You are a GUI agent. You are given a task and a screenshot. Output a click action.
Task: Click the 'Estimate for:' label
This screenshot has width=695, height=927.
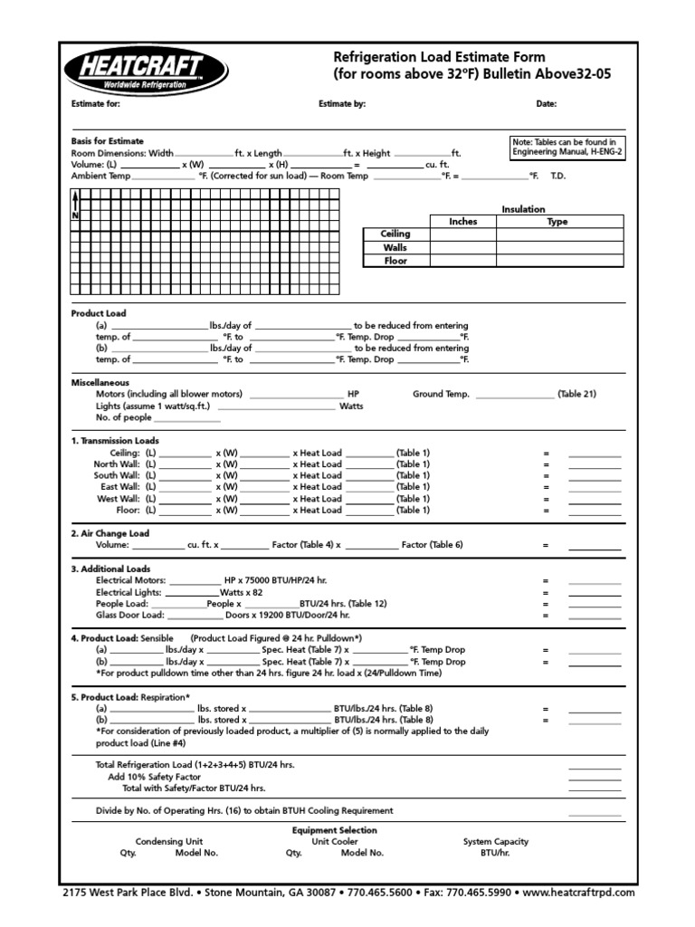click(x=95, y=104)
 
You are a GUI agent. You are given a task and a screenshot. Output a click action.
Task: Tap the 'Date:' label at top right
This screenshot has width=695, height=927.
click(x=546, y=104)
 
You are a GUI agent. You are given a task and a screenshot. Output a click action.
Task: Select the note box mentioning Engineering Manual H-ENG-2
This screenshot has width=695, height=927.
click(x=566, y=148)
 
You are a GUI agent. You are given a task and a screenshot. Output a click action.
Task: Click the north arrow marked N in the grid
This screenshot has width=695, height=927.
click(x=75, y=208)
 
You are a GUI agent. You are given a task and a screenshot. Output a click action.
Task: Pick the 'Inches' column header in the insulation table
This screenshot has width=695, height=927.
click(x=462, y=221)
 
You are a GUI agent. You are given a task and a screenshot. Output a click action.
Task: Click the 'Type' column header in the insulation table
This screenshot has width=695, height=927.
click(x=557, y=221)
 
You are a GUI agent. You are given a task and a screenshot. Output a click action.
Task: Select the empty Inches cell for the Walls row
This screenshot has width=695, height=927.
click(x=462, y=247)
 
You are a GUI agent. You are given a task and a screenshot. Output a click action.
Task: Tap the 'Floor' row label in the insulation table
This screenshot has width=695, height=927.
click(x=395, y=261)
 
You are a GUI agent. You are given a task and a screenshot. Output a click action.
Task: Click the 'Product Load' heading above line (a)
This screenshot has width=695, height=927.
click(x=99, y=313)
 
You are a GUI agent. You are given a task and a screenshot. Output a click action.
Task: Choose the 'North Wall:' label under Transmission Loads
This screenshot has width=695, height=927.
click(x=117, y=463)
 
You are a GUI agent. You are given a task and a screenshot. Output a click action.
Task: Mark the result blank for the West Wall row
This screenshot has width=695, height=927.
click(x=595, y=499)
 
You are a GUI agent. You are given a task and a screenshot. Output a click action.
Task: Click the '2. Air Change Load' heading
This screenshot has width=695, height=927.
click(x=110, y=534)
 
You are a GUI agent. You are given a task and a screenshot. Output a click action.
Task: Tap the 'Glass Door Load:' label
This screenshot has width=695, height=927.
click(x=129, y=615)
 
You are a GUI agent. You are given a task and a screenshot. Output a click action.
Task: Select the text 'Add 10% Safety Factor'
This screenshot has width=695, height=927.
click(x=155, y=777)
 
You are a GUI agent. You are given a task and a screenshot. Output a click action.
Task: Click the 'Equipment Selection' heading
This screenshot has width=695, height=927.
click(x=335, y=830)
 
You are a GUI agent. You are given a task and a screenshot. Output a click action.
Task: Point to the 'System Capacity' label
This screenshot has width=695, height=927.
click(x=495, y=842)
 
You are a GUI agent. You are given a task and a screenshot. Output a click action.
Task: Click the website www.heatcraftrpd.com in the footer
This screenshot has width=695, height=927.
click(x=579, y=893)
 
